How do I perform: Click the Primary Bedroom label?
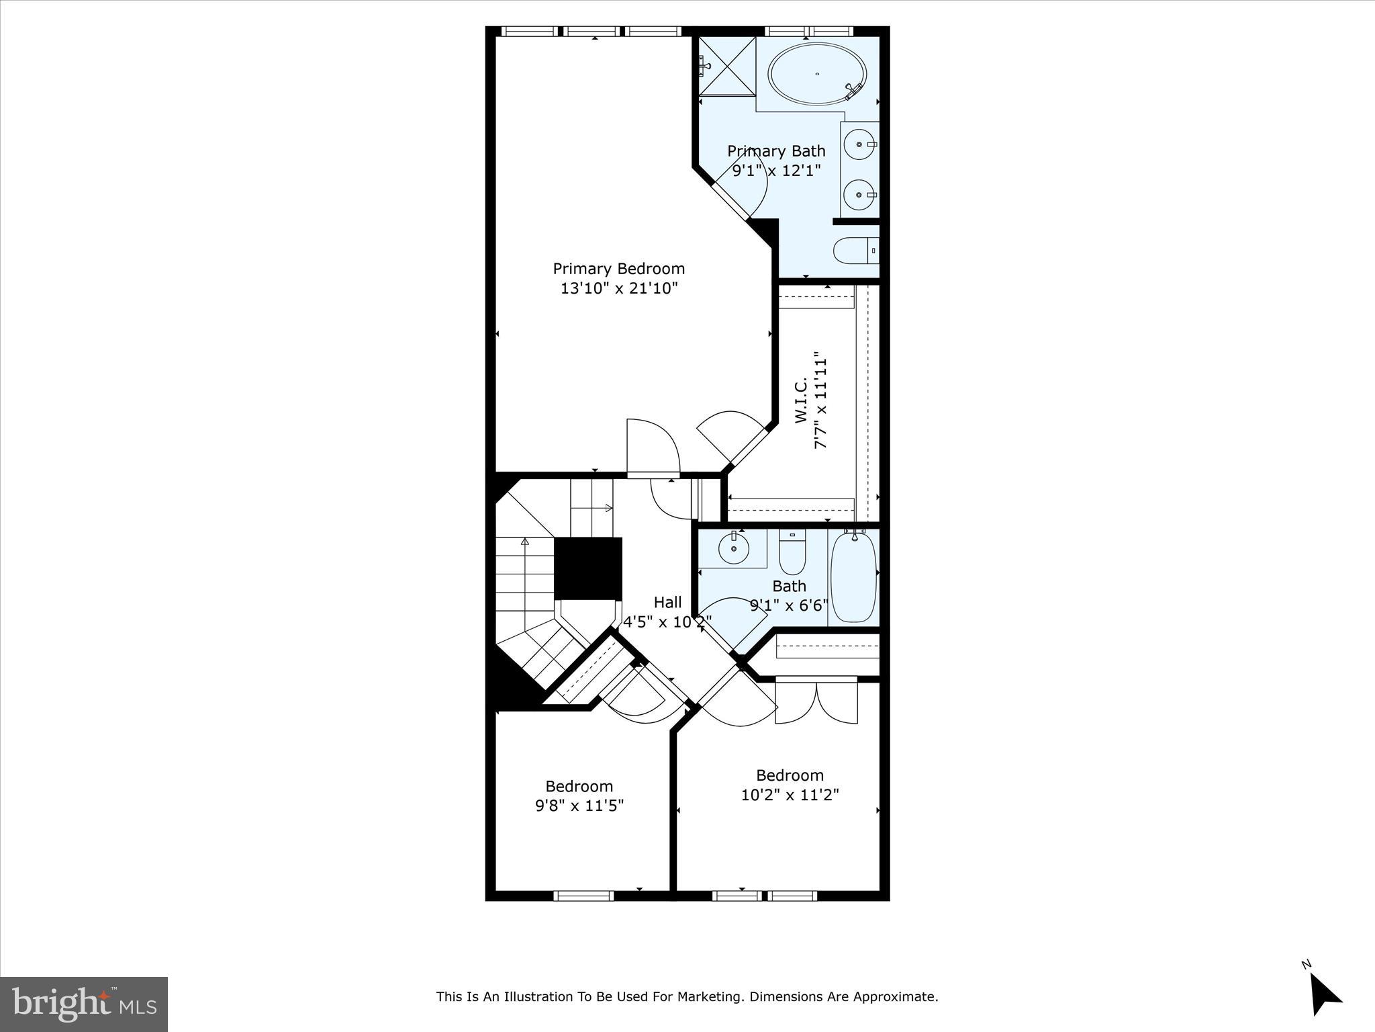[x=618, y=269]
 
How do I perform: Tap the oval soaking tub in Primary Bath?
[x=817, y=74]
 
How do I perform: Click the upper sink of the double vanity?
[x=859, y=143]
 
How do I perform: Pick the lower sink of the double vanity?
[x=859, y=194]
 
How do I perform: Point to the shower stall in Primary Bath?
[x=727, y=66]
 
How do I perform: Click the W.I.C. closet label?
[x=801, y=400]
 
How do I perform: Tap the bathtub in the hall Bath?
[x=853, y=576]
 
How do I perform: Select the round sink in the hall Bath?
[x=733, y=549]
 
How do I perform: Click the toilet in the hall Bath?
[x=792, y=550]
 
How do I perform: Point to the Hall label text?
[x=667, y=603]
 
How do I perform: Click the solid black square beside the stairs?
[x=587, y=568]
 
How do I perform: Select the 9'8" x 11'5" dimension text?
[x=579, y=805]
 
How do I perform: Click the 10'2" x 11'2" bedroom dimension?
[x=790, y=795]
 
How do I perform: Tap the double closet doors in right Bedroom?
[x=816, y=703]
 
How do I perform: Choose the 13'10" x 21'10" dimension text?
[x=619, y=289]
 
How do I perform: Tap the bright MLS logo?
[x=83, y=1004]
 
